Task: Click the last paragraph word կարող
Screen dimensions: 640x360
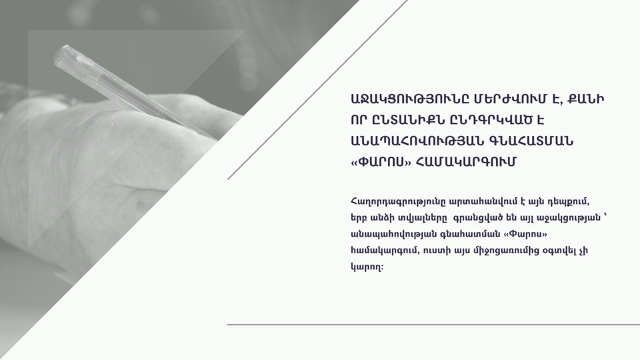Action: coord(366,268)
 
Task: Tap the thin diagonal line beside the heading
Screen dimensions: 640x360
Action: coord(317,89)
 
